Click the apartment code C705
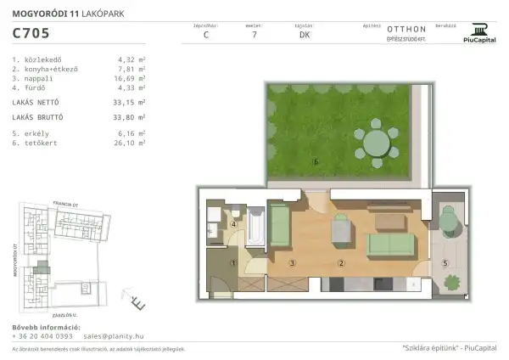(x=30, y=35)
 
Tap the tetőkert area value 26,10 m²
(x=131, y=142)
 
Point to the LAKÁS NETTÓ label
(x=34, y=100)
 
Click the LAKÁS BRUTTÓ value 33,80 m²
(x=131, y=117)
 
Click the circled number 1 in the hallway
(x=232, y=263)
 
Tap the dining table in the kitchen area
(x=341, y=228)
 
